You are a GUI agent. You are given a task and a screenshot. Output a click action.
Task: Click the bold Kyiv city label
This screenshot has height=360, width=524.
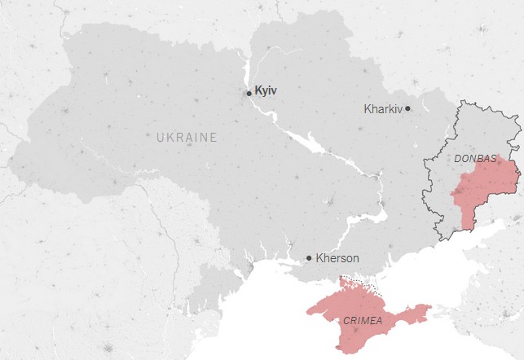point(266,91)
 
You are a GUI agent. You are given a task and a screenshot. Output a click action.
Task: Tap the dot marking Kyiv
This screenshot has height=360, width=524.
point(249,93)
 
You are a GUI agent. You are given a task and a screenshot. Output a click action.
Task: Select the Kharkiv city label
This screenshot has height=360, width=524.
point(384,108)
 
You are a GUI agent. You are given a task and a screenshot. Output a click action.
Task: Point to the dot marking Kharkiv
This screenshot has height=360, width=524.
point(407,108)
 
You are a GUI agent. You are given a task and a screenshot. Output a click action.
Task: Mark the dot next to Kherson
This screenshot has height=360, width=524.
point(309,258)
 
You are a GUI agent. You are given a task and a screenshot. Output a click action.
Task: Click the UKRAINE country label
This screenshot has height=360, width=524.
point(187,138)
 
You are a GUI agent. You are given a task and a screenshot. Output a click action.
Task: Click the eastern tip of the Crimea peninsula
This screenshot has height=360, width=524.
point(428,309)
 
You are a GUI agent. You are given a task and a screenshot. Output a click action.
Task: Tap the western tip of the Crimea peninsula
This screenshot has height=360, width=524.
point(308,309)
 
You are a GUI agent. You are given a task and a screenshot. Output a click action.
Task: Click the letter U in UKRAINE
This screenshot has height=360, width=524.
point(160,138)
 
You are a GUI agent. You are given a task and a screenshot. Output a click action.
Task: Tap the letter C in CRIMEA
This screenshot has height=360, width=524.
point(346,321)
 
